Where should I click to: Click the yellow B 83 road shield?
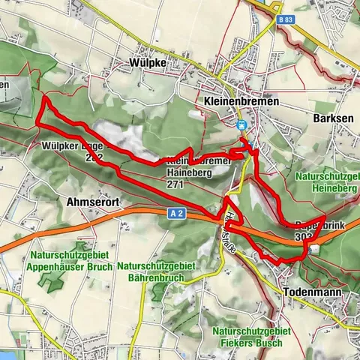(x=283, y=22)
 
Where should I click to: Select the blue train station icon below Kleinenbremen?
(x=241, y=125)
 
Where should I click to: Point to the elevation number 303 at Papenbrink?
(x=304, y=237)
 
